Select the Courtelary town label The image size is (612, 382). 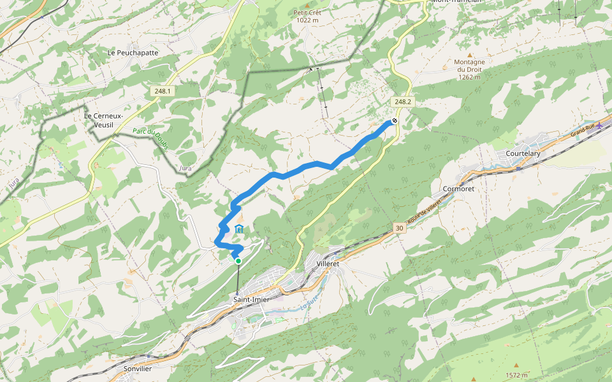click(523, 154)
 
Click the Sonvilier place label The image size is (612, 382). click(138, 369)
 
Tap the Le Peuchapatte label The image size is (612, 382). click(133, 53)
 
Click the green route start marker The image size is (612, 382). click(238, 261)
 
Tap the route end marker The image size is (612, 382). click(395, 121)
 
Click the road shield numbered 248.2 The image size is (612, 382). click(403, 102)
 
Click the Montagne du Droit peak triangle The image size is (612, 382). click(470, 55)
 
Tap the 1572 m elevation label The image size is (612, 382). click(516, 375)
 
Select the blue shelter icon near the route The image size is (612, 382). click(239, 229)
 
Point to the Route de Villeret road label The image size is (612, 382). click(425, 211)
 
